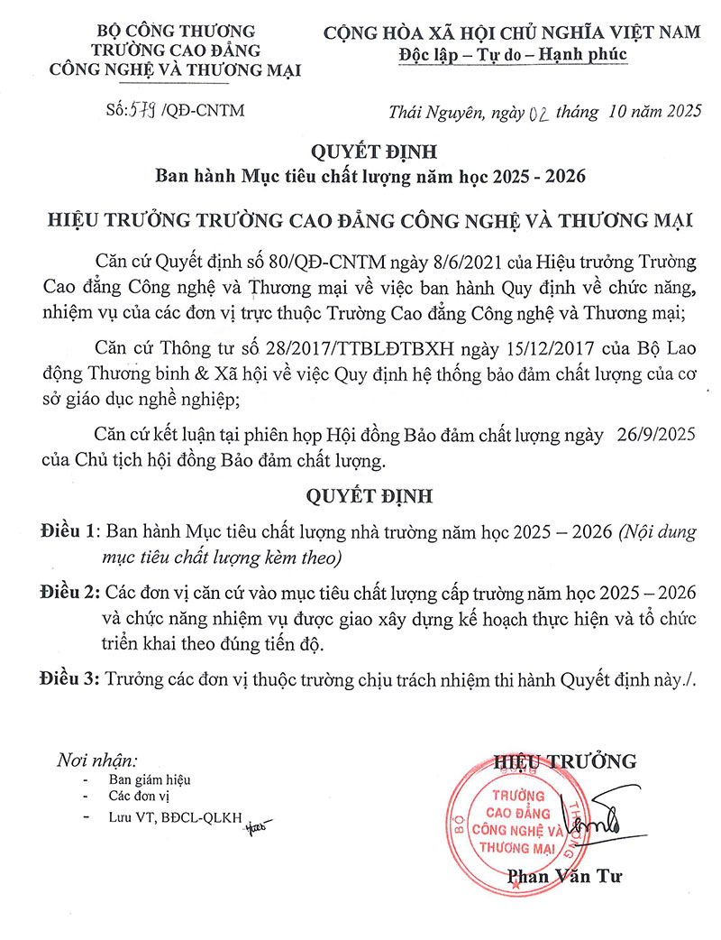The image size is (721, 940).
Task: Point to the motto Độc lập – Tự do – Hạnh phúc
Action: [x=513, y=54]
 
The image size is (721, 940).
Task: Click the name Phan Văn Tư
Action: [x=564, y=875]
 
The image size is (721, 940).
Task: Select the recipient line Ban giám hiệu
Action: [x=150, y=779]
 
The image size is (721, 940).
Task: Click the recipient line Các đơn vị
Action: [x=139, y=797]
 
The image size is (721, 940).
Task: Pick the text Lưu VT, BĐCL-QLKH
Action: [x=176, y=817]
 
